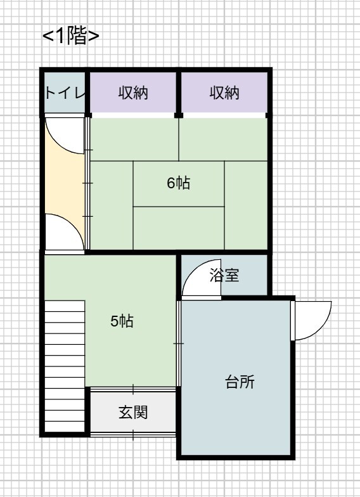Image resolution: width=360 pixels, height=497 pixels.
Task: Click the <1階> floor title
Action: [x=71, y=37]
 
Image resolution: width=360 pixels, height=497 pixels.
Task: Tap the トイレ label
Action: [x=65, y=93]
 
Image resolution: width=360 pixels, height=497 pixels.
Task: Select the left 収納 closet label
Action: [x=133, y=93]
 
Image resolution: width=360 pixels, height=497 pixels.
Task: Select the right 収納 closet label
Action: [x=224, y=93]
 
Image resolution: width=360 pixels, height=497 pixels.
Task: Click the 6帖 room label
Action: [x=179, y=183]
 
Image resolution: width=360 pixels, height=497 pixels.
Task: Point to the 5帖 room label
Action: [x=122, y=321]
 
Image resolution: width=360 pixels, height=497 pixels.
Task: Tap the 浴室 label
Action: [x=224, y=275]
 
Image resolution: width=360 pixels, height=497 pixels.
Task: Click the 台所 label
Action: [x=240, y=382]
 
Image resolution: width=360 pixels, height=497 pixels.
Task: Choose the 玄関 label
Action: [x=133, y=412]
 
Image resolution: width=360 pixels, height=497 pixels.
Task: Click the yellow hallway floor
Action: [x=65, y=184]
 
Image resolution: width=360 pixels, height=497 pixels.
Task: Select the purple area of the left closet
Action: [x=133, y=93]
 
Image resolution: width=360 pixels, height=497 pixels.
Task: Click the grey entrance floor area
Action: [x=133, y=412]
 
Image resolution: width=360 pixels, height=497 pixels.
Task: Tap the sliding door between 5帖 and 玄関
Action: [x=133, y=389]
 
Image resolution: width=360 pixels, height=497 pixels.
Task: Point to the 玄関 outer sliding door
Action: [x=133, y=435]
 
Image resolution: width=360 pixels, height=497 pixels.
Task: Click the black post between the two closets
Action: [x=179, y=93]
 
